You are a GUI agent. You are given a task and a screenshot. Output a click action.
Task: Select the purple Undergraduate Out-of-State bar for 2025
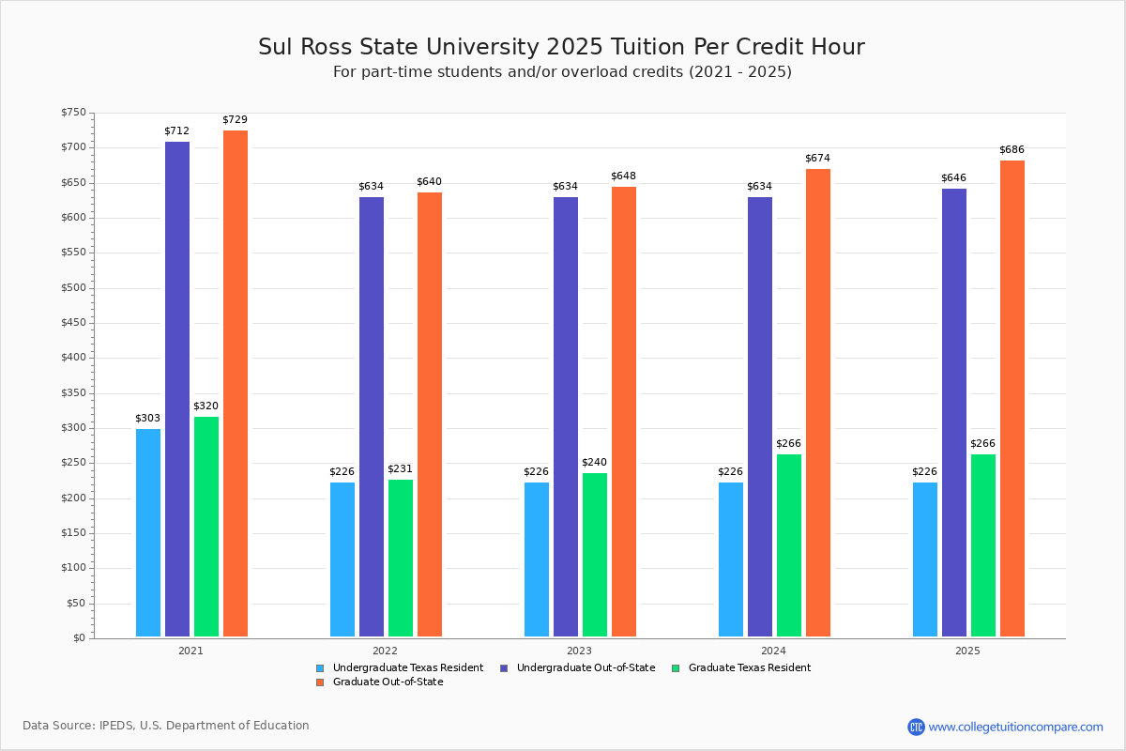pyautogui.click(x=954, y=412)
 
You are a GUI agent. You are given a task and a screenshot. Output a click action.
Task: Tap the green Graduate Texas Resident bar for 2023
pyautogui.click(x=595, y=554)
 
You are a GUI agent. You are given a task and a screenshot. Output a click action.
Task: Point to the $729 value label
pyautogui.click(x=236, y=119)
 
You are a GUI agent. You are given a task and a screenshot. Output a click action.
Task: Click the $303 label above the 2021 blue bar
pyautogui.click(x=148, y=418)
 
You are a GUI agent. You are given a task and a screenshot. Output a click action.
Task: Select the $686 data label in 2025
pyautogui.click(x=1012, y=149)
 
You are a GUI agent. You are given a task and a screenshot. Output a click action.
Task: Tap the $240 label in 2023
pyautogui.click(x=595, y=462)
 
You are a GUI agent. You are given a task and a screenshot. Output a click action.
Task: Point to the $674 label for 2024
pyautogui.click(x=818, y=158)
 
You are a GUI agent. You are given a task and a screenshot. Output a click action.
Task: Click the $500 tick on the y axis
pyautogui.click(x=73, y=287)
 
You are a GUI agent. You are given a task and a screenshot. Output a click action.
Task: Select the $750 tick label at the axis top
pyautogui.click(x=73, y=113)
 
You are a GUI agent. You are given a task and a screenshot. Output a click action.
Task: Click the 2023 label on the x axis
pyautogui.click(x=579, y=650)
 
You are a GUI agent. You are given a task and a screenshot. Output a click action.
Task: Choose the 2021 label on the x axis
pyautogui.click(x=190, y=650)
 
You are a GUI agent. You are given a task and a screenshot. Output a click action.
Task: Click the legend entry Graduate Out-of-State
pyautogui.click(x=388, y=682)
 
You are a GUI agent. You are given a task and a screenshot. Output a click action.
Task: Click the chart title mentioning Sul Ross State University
pyautogui.click(x=561, y=47)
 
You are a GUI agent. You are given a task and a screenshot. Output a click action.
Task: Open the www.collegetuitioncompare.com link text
pyautogui.click(x=1015, y=727)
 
